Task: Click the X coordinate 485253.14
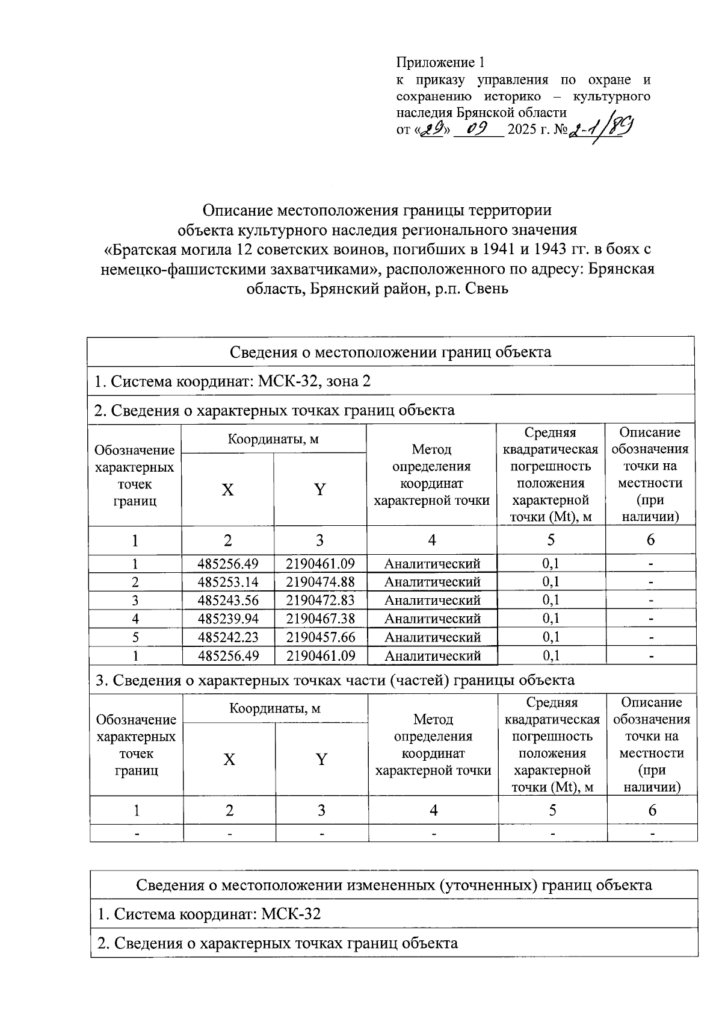tap(227, 582)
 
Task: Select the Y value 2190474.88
tap(320, 582)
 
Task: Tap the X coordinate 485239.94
tap(227, 619)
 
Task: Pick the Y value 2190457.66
tap(320, 637)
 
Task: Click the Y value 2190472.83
tap(320, 600)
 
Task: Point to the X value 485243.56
tap(227, 600)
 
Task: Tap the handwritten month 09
tap(478, 129)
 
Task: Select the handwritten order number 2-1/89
tap(602, 129)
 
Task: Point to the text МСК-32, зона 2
tap(314, 381)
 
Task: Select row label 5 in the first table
tap(135, 637)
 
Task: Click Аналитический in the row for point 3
tap(432, 600)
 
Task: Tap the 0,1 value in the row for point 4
tap(551, 619)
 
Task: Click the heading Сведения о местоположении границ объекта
tap(390, 352)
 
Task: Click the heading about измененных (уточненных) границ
tap(394, 885)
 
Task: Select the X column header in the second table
tap(229, 760)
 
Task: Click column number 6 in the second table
tap(652, 810)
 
